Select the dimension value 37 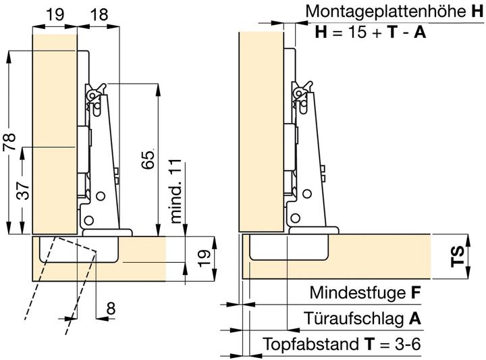23,190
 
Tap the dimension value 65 148,159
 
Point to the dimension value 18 99,14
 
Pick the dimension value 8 111,309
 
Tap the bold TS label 458,256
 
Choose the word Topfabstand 310,344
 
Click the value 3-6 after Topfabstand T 408,344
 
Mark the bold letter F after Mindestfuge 416,292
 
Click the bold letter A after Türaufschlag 415,318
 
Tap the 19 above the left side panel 55,14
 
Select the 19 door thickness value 204,258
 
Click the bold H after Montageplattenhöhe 477,11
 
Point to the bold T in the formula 392,32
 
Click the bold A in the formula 420,32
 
